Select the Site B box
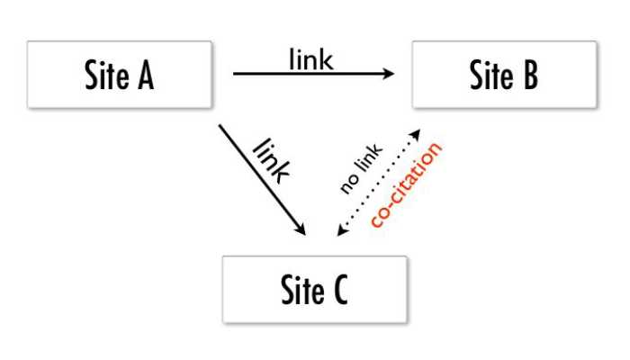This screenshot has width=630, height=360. (504, 75)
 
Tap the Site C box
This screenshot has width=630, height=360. (315, 289)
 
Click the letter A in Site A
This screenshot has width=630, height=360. (143, 76)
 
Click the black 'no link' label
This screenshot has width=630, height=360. (361, 169)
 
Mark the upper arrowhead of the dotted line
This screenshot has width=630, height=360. (417, 132)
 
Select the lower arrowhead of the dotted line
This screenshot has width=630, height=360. (339, 233)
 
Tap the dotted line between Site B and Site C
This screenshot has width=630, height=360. (378, 183)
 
